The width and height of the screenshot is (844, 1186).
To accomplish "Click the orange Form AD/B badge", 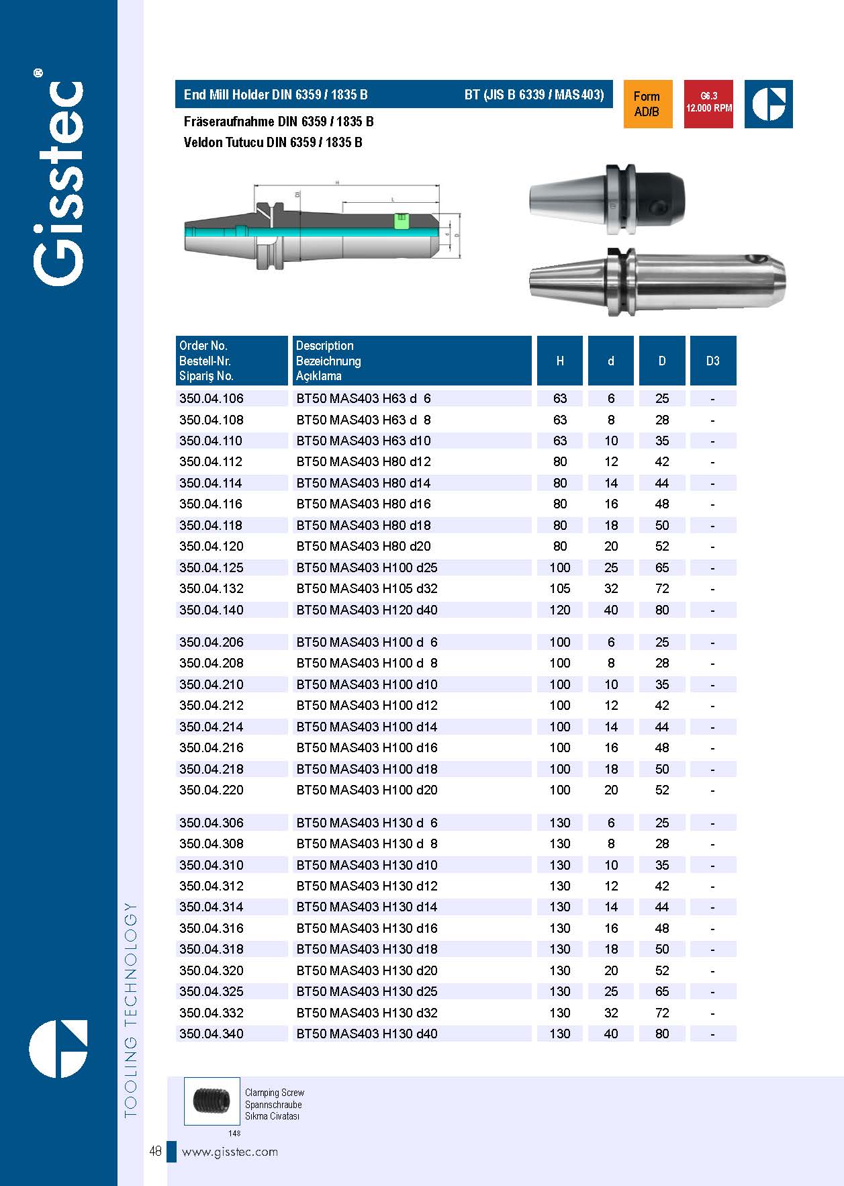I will tap(647, 104).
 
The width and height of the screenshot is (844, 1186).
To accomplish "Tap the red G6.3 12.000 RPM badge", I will tap(708, 104).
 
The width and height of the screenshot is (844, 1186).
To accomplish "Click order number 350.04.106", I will tap(212, 398).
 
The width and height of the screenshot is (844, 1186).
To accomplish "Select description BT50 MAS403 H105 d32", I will tap(367, 589).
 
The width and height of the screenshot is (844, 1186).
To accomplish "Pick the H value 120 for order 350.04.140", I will tap(560, 610).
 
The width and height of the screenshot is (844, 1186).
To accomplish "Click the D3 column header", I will tap(712, 361).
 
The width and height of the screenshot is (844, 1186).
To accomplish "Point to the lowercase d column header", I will tap(611, 361).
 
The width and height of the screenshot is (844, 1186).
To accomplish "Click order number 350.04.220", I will tap(212, 790).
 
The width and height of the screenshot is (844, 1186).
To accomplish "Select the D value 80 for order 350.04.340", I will tap(662, 1034).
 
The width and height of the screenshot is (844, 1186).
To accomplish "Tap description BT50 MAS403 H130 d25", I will tap(367, 991).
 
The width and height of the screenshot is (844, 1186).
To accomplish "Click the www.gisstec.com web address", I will tap(230, 1151).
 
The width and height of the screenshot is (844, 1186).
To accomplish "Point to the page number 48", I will tap(155, 1151).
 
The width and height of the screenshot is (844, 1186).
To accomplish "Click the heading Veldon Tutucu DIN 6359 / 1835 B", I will tap(273, 142).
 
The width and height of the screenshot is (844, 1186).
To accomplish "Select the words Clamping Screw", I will tap(275, 1093).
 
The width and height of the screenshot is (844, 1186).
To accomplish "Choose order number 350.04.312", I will tap(212, 886).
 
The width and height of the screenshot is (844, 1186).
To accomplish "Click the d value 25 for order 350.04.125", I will tap(611, 567).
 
